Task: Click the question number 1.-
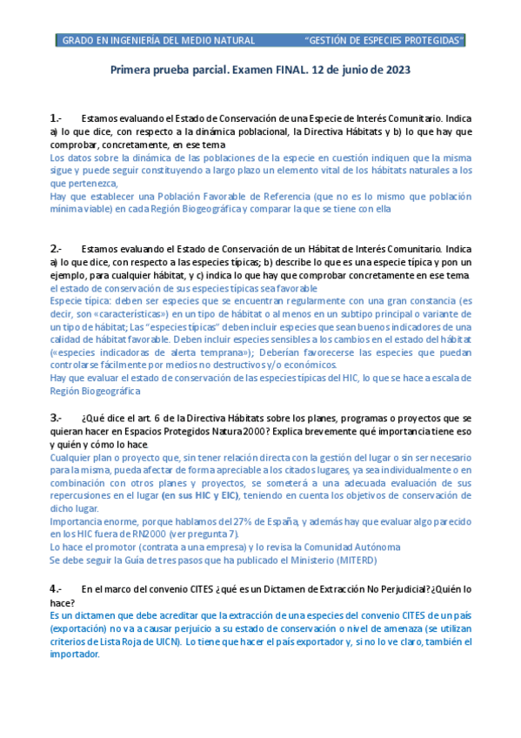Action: (x=56, y=117)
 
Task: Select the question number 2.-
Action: (x=56, y=248)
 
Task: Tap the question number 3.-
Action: (x=56, y=418)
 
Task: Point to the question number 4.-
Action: (x=56, y=589)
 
